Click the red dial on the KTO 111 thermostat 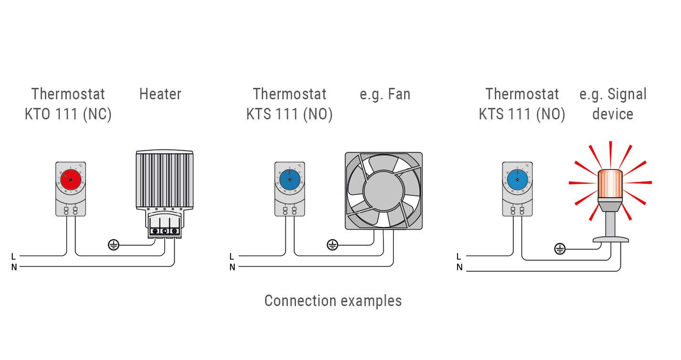(x=71, y=180)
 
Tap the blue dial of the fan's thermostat (x=289, y=180)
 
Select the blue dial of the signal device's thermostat (x=517, y=180)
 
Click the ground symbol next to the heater (x=113, y=245)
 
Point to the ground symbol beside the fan (x=332, y=245)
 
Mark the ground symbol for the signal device (x=560, y=249)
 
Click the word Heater (x=160, y=94)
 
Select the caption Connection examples (x=333, y=301)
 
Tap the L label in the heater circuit (x=13, y=256)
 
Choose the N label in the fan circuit (x=232, y=267)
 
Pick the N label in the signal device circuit (x=459, y=267)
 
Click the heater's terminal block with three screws (x=165, y=231)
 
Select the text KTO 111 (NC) (x=68, y=115)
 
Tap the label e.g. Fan (x=385, y=94)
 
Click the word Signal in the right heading (x=627, y=94)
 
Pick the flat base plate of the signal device (x=610, y=239)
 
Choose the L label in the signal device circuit (x=459, y=256)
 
